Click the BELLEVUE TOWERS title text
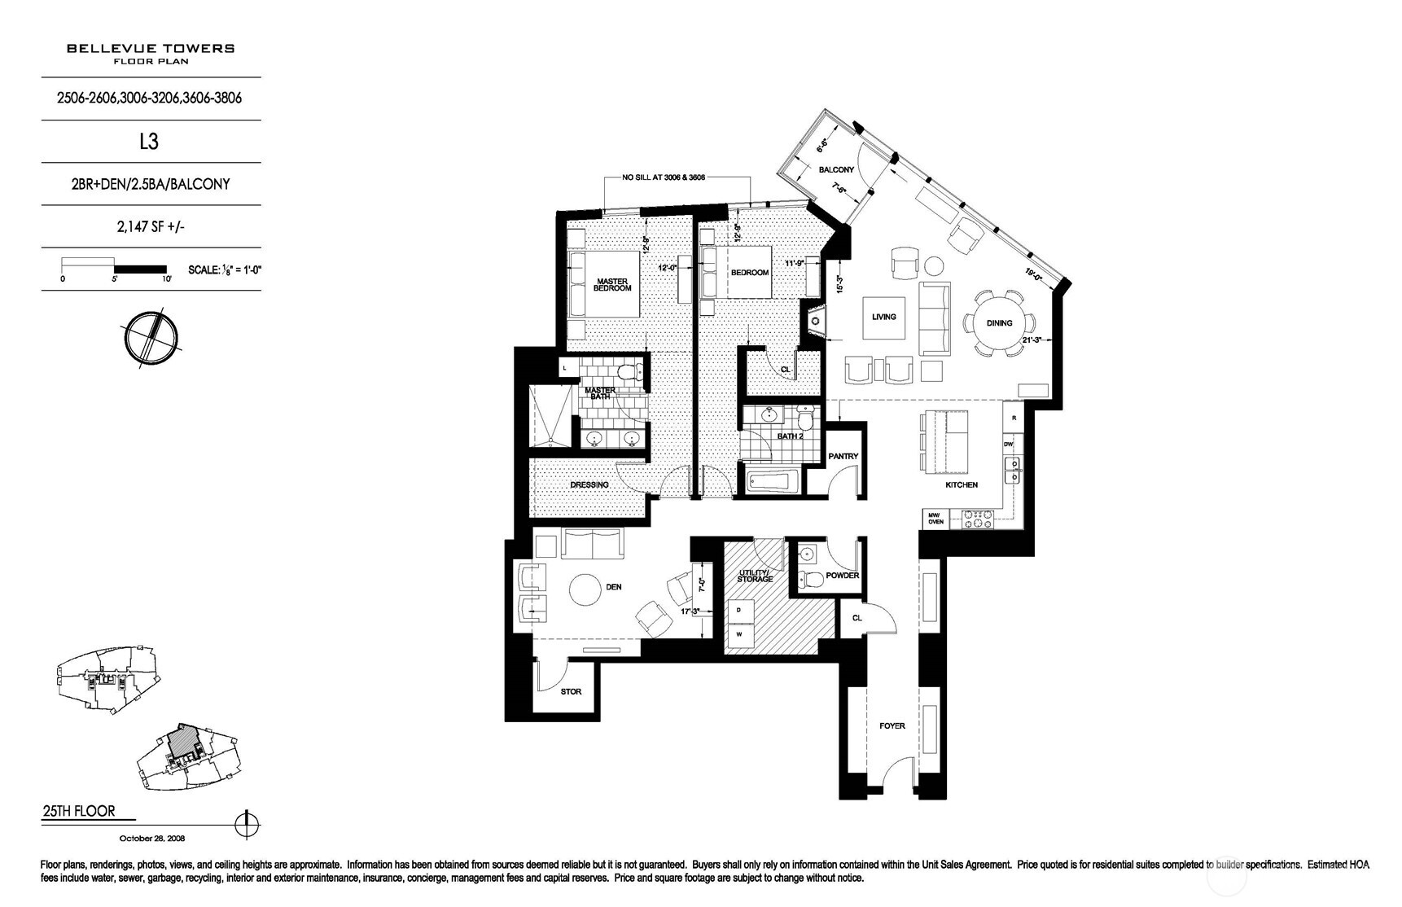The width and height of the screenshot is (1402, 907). [x=151, y=48]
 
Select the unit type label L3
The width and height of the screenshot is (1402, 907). [x=148, y=142]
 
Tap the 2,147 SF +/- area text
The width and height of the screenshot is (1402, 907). [x=151, y=226]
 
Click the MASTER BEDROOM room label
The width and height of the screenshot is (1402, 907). [x=611, y=285]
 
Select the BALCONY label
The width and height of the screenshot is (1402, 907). [x=836, y=169]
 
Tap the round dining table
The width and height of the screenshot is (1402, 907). [x=999, y=323]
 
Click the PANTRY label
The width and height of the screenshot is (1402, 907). [x=843, y=457]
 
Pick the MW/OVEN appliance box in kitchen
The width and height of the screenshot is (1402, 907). [x=935, y=518]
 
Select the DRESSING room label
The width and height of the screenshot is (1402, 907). [x=589, y=485]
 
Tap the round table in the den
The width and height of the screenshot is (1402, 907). [x=585, y=589]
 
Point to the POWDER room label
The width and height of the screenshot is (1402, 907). [x=842, y=576]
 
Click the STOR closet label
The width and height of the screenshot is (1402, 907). [x=571, y=692]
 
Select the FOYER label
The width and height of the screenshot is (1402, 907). [x=892, y=726]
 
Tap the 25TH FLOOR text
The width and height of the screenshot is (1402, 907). [x=78, y=811]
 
